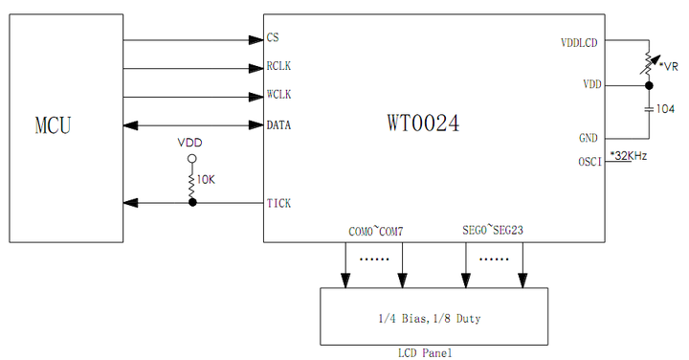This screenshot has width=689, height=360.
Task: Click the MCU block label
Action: click(x=53, y=124)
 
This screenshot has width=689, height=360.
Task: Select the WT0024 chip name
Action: click(x=423, y=124)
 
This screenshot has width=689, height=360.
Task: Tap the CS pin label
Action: click(x=273, y=39)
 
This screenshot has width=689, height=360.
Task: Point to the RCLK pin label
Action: click(x=278, y=68)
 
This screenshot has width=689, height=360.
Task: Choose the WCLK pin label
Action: click(x=278, y=96)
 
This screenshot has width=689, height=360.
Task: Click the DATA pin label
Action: click(x=278, y=124)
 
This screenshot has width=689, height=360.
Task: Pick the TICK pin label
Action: click(x=278, y=203)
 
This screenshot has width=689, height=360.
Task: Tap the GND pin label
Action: click(x=589, y=138)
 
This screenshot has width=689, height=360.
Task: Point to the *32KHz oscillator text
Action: click(x=629, y=156)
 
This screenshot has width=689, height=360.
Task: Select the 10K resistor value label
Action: click(x=206, y=180)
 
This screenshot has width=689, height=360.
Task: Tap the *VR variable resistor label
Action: click(x=670, y=66)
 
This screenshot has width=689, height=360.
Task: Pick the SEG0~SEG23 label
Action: click(x=493, y=232)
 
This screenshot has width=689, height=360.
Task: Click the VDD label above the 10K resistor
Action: click(x=190, y=142)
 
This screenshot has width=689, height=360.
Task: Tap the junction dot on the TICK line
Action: click(x=191, y=203)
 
